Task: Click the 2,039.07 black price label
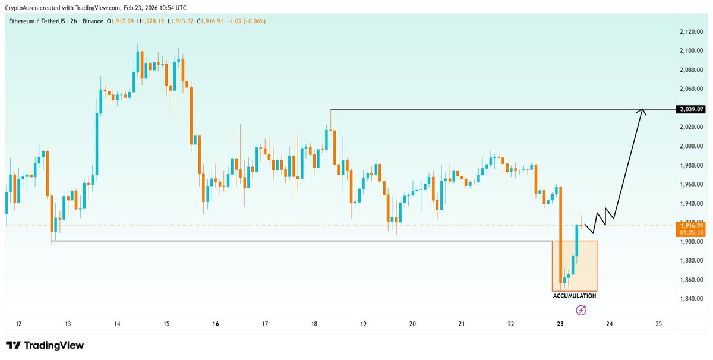click(x=690, y=109)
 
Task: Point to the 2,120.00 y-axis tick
click(x=692, y=32)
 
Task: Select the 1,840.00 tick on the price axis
click(x=692, y=299)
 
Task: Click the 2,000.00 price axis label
click(x=692, y=146)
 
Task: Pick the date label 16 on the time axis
click(x=215, y=324)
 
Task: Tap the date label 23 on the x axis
click(x=560, y=324)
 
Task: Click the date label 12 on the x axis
click(x=18, y=324)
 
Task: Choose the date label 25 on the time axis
click(x=658, y=324)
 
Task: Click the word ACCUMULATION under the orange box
click(x=574, y=295)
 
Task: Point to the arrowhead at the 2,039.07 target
click(x=642, y=112)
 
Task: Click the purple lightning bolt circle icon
click(x=582, y=310)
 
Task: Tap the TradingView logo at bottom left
click(x=45, y=345)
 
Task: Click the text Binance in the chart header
click(x=90, y=21)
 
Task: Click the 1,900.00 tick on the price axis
click(x=692, y=242)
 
